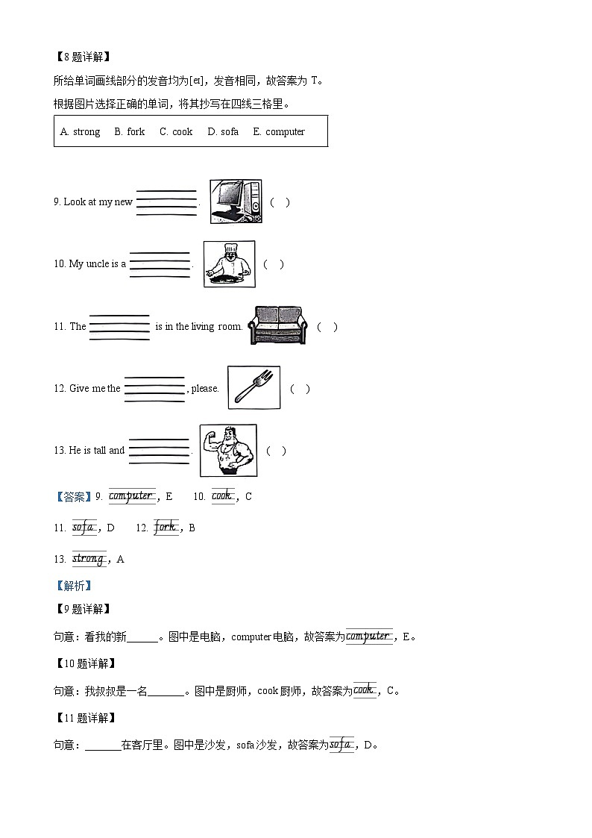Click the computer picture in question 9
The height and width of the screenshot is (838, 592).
pyautogui.click(x=236, y=201)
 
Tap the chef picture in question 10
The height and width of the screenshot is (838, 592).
pyautogui.click(x=229, y=263)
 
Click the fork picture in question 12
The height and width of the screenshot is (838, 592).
pyautogui.click(x=254, y=388)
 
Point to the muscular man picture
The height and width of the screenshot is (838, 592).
pyautogui.click(x=228, y=450)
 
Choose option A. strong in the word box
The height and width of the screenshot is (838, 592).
pyautogui.click(x=80, y=132)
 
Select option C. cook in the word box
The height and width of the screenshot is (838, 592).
pyautogui.click(x=176, y=132)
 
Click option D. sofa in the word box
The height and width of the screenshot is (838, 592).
pyautogui.click(x=223, y=132)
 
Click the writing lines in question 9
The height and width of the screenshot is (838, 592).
pyautogui.click(x=166, y=202)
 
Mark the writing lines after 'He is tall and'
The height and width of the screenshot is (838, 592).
pyautogui.click(x=159, y=451)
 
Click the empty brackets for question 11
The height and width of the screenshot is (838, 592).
pyautogui.click(x=327, y=327)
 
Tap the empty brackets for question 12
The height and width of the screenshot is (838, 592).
pyautogui.click(x=300, y=389)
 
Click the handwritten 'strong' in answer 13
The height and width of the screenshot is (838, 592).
pyautogui.click(x=89, y=558)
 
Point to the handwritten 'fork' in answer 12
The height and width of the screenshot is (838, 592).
pyautogui.click(x=165, y=527)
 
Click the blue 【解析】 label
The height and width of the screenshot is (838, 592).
pyautogui.click(x=73, y=586)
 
